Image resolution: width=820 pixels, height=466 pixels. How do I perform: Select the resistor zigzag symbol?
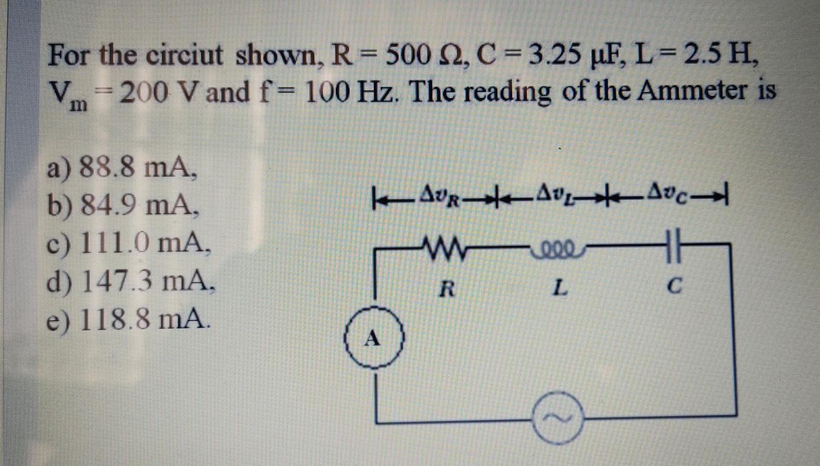[445, 248]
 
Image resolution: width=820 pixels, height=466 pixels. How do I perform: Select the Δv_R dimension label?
[440, 192]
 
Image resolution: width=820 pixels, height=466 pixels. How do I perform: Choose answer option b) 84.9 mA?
[122, 205]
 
